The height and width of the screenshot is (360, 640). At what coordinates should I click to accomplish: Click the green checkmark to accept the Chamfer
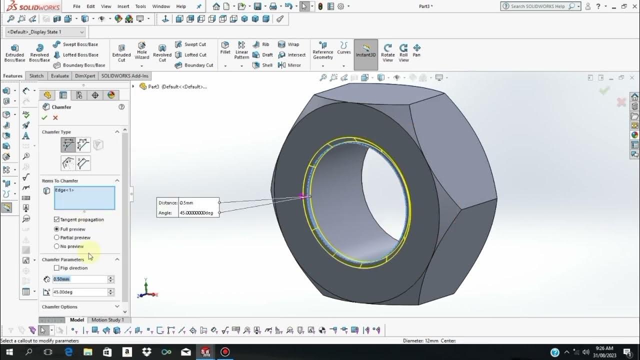click(44, 117)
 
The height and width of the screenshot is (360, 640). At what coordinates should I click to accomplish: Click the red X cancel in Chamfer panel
click(55, 117)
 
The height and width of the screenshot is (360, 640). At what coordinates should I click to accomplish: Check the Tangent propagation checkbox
click(56, 219)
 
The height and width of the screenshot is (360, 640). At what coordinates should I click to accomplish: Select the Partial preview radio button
click(56, 237)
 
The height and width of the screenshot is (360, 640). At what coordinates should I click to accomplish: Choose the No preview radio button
click(56, 246)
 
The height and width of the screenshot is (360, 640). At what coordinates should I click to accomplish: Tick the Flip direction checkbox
click(56, 268)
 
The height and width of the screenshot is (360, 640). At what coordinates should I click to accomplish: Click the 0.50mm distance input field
click(79, 279)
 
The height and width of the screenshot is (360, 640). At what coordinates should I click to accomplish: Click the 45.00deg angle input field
click(79, 292)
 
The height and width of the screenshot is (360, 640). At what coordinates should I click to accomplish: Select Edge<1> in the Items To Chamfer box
click(64, 190)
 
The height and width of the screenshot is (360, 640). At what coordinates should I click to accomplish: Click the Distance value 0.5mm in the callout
click(198, 203)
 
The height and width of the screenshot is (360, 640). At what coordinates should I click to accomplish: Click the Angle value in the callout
click(198, 213)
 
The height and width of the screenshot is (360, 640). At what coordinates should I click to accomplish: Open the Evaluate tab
click(59, 76)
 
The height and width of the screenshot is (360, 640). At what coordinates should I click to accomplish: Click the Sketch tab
click(36, 76)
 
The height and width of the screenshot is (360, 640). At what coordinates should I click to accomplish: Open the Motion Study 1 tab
click(107, 320)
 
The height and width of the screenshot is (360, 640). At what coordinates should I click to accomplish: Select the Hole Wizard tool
click(142, 50)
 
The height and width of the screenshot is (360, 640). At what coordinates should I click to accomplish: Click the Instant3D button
click(366, 49)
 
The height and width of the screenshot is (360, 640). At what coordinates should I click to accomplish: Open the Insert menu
click(123, 6)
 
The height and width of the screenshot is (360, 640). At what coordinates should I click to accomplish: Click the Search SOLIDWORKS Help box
click(537, 6)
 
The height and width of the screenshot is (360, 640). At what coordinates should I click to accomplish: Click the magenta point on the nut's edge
click(302, 196)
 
